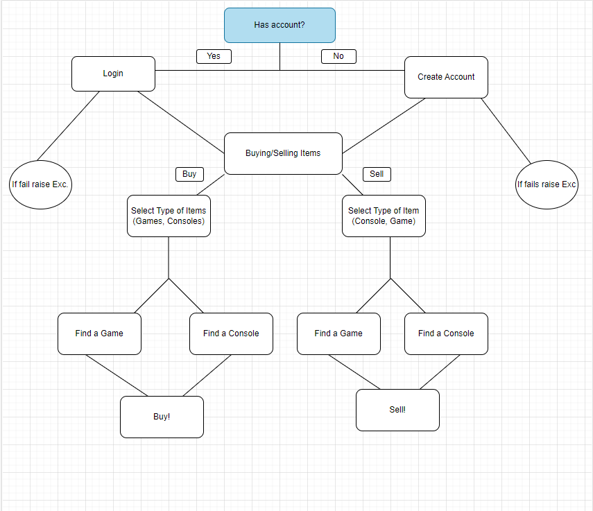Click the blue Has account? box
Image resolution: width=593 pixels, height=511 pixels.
pos(280,25)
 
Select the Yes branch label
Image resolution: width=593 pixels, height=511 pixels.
pos(214,56)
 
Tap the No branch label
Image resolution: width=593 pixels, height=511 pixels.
pos(338,56)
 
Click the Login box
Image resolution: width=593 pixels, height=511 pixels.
pos(113,73)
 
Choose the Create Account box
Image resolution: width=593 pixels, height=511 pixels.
pos(446,77)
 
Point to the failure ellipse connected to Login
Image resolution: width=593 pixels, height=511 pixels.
pos(40,184)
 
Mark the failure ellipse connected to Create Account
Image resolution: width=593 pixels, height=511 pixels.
pos(547,184)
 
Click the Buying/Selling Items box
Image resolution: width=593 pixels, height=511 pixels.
pos(283,153)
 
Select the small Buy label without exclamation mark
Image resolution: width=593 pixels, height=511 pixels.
pos(189,174)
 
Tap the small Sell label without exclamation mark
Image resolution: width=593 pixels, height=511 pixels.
pos(377,174)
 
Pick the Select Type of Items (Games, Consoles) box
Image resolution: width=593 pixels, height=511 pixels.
pos(169,216)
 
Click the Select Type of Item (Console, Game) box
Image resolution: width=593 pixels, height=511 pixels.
pos(384,216)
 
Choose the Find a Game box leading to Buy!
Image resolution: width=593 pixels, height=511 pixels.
pos(99,334)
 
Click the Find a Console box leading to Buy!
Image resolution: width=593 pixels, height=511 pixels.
pos(231,334)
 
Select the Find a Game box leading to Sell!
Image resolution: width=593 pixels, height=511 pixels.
pos(338,334)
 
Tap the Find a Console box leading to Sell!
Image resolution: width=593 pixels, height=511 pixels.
pos(446,334)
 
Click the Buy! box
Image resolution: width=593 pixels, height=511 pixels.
pos(162,417)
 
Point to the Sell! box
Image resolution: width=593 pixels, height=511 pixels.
pos(397,410)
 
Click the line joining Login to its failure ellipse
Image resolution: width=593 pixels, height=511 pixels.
pos(68,126)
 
